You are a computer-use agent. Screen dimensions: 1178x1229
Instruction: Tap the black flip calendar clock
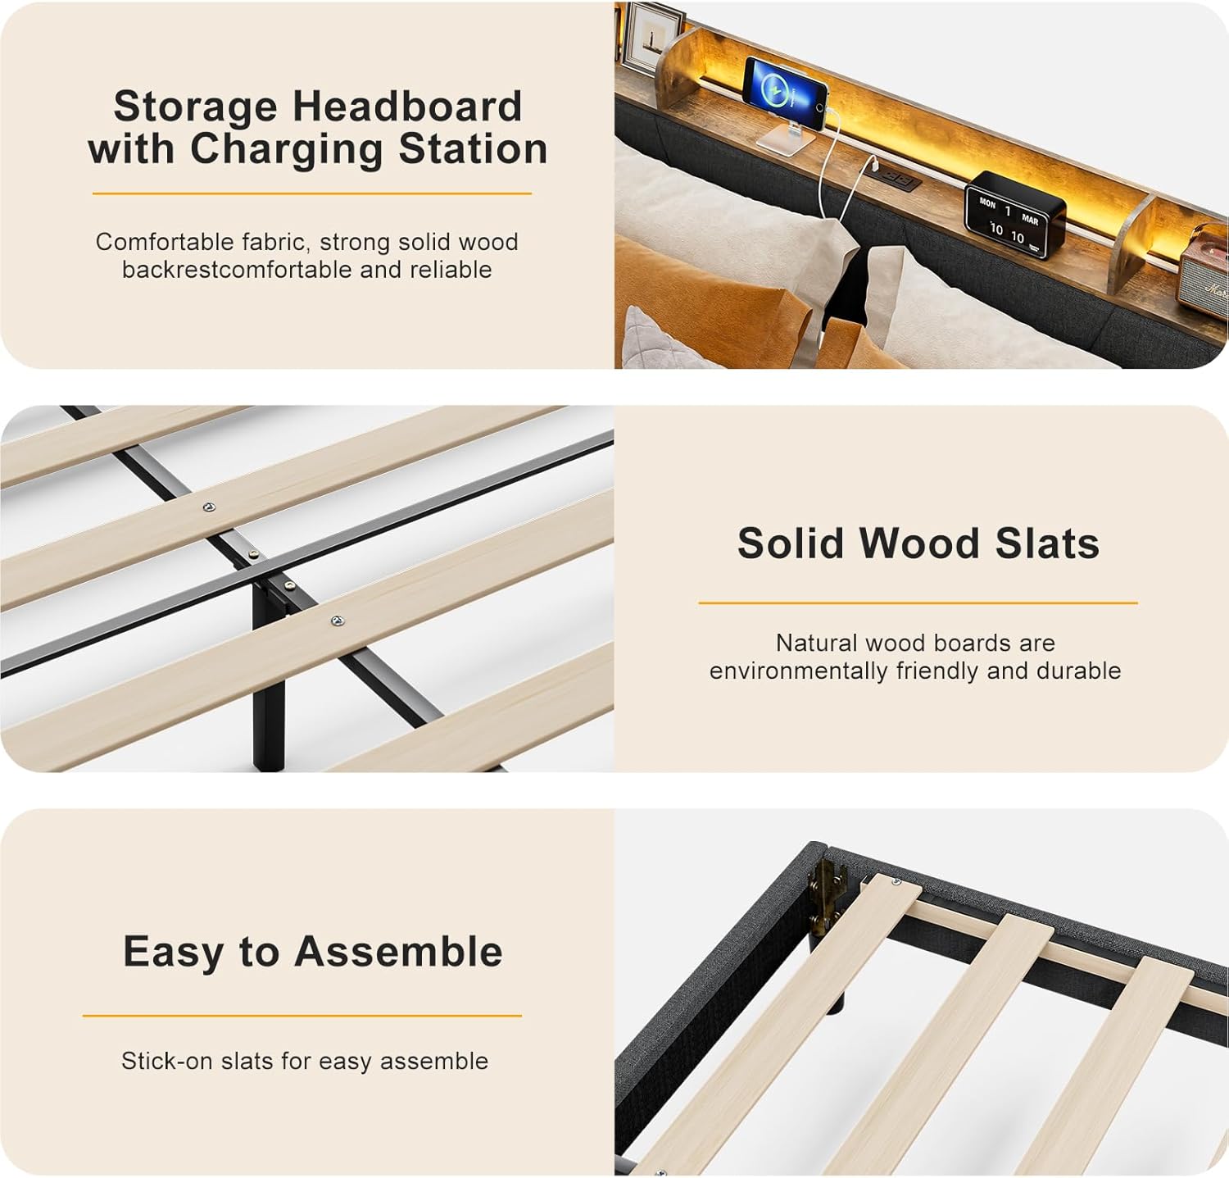point(1014,216)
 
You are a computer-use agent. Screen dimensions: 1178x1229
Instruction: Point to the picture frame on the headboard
point(652,37)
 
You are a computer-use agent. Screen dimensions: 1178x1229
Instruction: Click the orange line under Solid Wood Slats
point(918,603)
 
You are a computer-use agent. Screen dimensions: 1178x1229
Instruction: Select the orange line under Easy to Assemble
point(302,1016)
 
